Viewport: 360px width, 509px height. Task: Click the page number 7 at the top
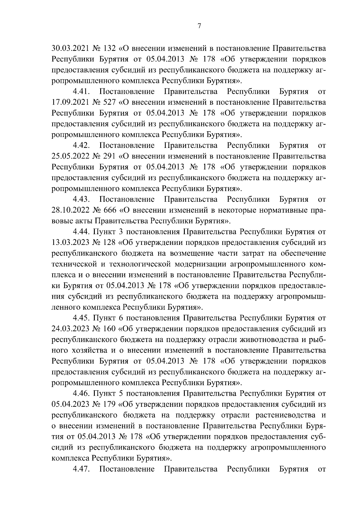point(199,26)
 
